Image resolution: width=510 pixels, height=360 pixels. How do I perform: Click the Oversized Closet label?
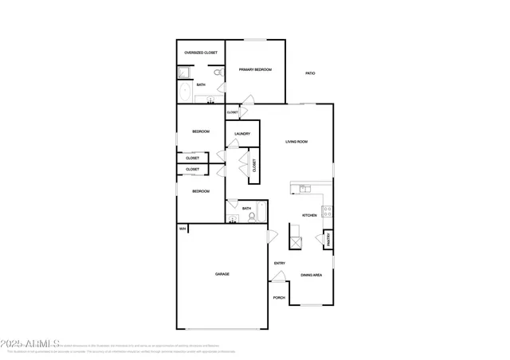click(201, 53)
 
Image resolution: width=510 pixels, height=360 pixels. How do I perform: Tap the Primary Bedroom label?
click(255, 70)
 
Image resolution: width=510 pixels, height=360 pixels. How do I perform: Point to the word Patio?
click(310, 74)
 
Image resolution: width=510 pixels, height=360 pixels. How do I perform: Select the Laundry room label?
click(242, 134)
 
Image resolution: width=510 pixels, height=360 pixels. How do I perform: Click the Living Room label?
click(297, 142)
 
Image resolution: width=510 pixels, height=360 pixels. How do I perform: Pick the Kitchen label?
click(309, 216)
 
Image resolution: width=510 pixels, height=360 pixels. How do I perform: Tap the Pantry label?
click(328, 239)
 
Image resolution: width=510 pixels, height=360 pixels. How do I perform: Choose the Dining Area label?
click(311, 276)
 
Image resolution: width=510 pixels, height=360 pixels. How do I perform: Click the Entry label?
click(280, 264)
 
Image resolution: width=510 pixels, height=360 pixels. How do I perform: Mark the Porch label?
click(279, 298)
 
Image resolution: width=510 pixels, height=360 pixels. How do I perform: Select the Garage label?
click(222, 274)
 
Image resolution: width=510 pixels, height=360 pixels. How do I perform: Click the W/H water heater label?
click(182, 229)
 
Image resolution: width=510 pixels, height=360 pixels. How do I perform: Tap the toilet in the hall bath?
click(251, 217)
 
